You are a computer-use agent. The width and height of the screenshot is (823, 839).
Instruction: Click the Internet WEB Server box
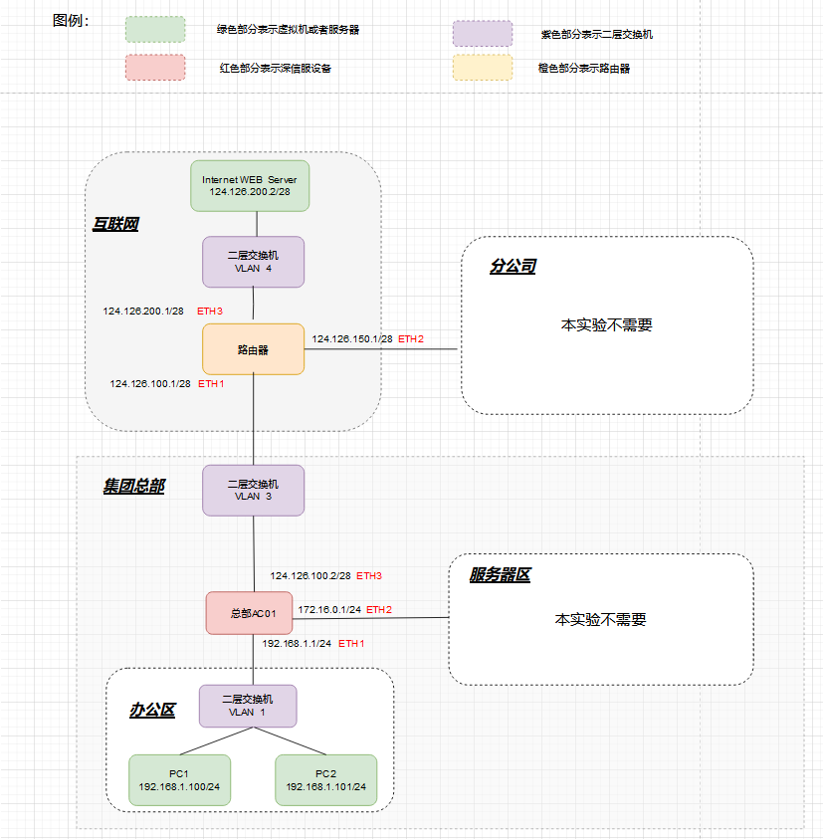pyautogui.click(x=250, y=185)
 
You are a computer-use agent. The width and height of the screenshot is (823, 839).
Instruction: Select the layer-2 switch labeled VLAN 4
pyautogui.click(x=253, y=262)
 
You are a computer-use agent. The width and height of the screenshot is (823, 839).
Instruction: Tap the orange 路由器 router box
pyautogui.click(x=253, y=349)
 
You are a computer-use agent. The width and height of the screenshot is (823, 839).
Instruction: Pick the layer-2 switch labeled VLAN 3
pyautogui.click(x=253, y=490)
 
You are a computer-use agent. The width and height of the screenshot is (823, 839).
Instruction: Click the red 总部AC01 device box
pyautogui.click(x=249, y=613)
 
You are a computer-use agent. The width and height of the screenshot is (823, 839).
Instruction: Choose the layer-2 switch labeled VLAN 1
pyautogui.click(x=248, y=706)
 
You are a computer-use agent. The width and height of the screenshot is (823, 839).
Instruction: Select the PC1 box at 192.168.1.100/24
pyautogui.click(x=179, y=780)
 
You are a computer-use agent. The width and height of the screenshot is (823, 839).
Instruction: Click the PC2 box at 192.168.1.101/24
pyautogui.click(x=325, y=780)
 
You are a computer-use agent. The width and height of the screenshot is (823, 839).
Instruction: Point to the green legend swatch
pyautogui.click(x=154, y=30)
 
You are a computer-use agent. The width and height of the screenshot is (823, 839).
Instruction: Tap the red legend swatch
pyautogui.click(x=154, y=68)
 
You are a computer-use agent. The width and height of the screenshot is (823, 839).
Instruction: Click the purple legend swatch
pyautogui.click(x=482, y=33)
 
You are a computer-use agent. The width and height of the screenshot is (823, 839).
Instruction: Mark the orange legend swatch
pyautogui.click(x=482, y=68)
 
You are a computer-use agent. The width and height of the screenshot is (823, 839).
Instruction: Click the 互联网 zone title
pyautogui.click(x=115, y=224)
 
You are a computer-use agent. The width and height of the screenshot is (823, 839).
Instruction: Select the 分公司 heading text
pyautogui.click(x=513, y=267)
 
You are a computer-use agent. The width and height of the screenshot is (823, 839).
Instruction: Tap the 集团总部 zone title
pyautogui.click(x=133, y=486)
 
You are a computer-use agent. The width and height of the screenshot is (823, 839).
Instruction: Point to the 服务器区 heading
pyautogui.click(x=500, y=575)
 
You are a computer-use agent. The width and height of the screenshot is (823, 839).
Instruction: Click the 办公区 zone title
pyautogui.click(x=152, y=710)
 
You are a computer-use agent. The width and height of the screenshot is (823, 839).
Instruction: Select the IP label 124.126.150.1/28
pyautogui.click(x=352, y=339)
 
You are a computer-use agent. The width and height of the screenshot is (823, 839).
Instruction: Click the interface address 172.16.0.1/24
pyautogui.click(x=330, y=609)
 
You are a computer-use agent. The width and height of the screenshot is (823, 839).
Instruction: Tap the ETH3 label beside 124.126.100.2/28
pyautogui.click(x=369, y=575)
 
